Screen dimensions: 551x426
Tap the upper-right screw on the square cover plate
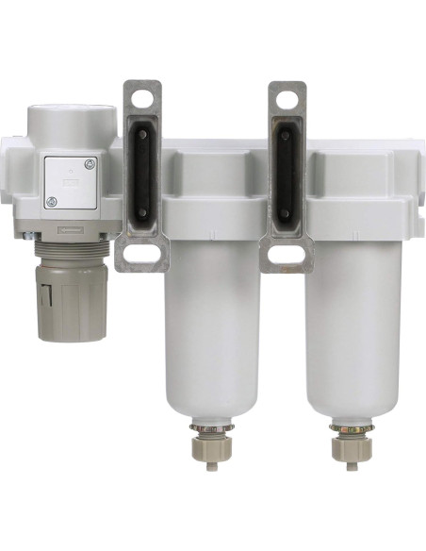(x=90, y=165)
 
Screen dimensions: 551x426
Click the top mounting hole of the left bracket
(x=142, y=97)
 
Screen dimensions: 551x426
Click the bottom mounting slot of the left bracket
(x=141, y=253)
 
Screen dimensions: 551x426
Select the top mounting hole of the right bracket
(x=287, y=98)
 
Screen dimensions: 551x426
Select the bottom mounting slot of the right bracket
(x=286, y=254)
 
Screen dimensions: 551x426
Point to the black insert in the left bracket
(x=142, y=175)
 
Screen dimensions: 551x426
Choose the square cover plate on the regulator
(x=72, y=182)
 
